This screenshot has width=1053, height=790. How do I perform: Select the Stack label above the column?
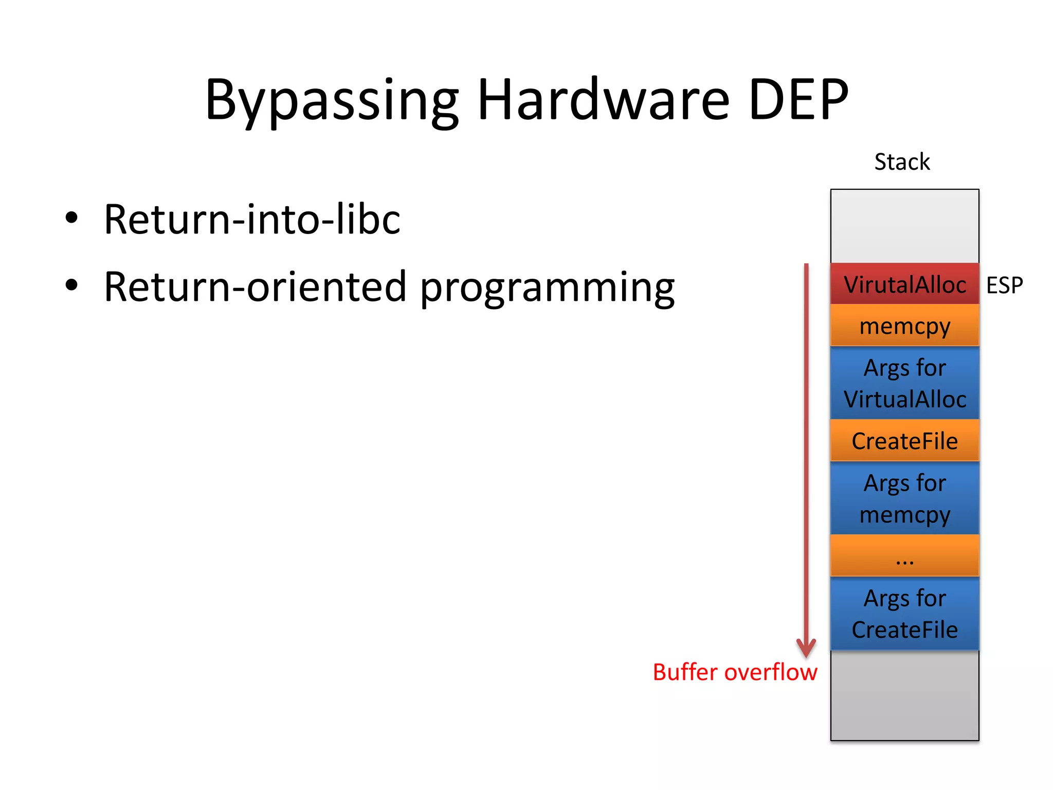[x=902, y=162]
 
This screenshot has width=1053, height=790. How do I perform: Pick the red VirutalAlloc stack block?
[x=904, y=284]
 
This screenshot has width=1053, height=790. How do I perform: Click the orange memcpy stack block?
[x=904, y=326]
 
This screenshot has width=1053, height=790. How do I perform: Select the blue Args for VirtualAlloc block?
[x=904, y=383]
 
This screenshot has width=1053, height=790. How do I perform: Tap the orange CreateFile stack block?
[x=904, y=441]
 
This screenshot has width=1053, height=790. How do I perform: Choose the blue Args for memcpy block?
[x=904, y=498]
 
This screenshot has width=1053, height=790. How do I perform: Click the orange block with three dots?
[x=904, y=556]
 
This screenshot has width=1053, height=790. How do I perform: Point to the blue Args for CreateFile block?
[x=904, y=614]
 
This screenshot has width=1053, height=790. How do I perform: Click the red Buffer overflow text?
[x=735, y=672]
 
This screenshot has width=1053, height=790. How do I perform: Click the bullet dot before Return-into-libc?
[x=71, y=218]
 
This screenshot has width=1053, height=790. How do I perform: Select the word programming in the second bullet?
[x=547, y=288]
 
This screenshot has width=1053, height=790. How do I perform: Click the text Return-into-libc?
[x=252, y=220]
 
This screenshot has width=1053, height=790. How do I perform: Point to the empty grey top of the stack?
[x=904, y=226]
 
